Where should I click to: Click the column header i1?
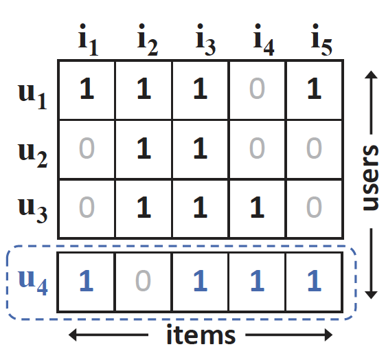pos(88,40)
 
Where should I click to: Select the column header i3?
pos(205,40)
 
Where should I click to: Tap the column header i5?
pos(321,40)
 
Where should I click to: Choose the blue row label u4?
pos(33,282)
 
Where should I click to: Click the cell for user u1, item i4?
pos(257,90)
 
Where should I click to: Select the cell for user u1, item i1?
pos(87,90)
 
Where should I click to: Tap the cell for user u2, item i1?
pos(87,149)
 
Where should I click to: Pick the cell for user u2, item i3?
pos(201,149)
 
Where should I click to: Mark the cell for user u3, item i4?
pos(257,209)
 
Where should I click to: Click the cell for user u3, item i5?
pos(314,209)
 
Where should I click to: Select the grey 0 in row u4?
pos(143,281)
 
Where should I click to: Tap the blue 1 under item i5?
pos(315,281)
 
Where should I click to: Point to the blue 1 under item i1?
pos(87,281)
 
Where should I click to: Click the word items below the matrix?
pos(201,334)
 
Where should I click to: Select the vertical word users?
pos(371,178)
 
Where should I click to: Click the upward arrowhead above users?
pos(371,75)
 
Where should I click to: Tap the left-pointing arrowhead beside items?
pos(73,335)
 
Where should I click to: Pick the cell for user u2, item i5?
pos(314,149)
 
